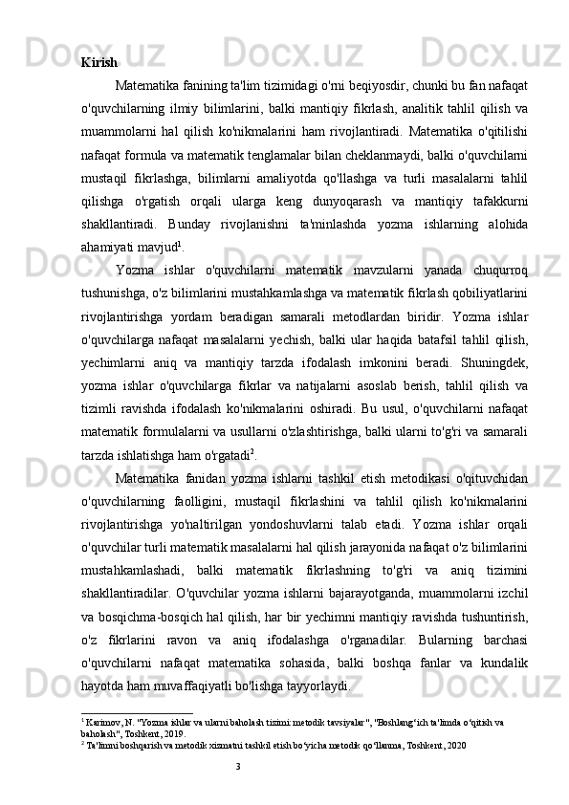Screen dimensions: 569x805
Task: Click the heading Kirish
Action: (99, 63)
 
